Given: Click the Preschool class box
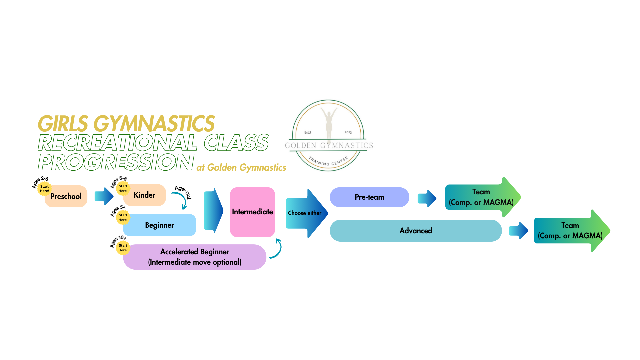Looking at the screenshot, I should tap(66, 196).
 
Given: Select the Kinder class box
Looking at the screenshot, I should tap(145, 195).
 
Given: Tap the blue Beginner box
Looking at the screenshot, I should tap(160, 225).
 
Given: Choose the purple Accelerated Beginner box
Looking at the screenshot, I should tap(195, 257).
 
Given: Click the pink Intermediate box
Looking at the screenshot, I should tap(252, 212).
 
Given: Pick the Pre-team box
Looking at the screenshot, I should tap(369, 197).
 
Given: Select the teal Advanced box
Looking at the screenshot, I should tap(416, 230).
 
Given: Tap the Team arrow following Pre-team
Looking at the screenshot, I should tap(482, 197).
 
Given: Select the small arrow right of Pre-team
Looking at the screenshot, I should tap(427, 198).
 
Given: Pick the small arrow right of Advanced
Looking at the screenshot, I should tap(518, 230).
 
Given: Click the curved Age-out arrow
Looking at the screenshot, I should tap(182, 199).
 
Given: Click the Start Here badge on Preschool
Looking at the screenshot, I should tap(44, 189).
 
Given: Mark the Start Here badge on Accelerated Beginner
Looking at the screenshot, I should tap(123, 248).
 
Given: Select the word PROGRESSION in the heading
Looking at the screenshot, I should tap(116, 162).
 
